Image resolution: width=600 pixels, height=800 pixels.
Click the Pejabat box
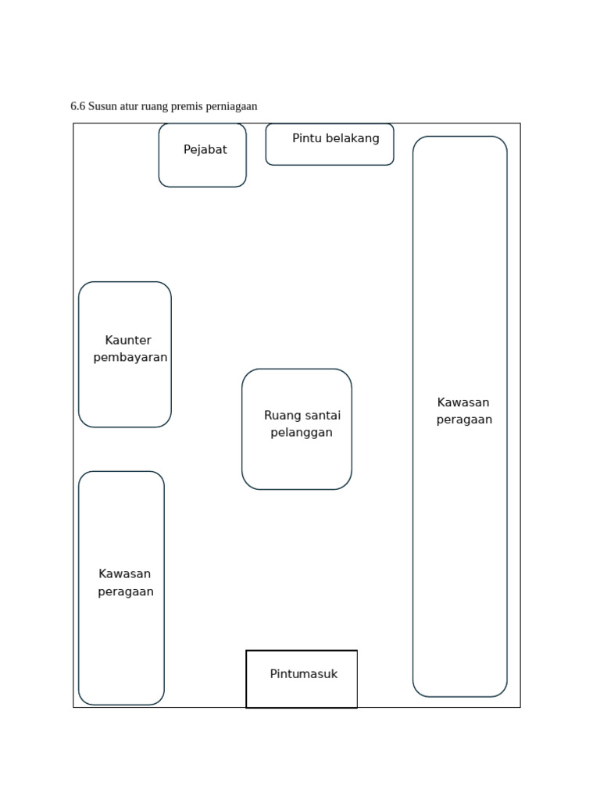pos(202,168)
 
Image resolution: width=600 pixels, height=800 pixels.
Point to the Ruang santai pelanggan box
pos(297,461)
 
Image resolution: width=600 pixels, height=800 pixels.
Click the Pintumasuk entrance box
pos(302,691)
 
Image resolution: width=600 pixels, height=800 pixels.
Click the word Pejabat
pos(205,150)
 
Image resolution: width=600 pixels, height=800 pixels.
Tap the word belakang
pos(353,138)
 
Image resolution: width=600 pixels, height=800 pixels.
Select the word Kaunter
pos(128,341)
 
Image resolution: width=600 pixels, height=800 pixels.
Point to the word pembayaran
pos(130,358)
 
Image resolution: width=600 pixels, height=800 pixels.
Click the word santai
pos(323,416)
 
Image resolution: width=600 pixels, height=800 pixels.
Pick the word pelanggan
pos(302,433)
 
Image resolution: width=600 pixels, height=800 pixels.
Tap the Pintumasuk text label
pos(304,674)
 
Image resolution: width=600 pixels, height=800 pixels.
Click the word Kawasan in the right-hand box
pos(463,403)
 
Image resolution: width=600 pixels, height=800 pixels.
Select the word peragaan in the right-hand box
pos(464,420)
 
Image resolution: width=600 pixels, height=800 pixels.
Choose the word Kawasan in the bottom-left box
pos(125,574)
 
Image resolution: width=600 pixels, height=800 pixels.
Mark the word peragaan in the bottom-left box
pos(126,592)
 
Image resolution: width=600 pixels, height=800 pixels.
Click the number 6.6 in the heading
pos(77,106)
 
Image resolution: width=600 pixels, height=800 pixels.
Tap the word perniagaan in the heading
pos(232,106)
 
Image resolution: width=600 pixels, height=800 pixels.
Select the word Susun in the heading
pos(102,106)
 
